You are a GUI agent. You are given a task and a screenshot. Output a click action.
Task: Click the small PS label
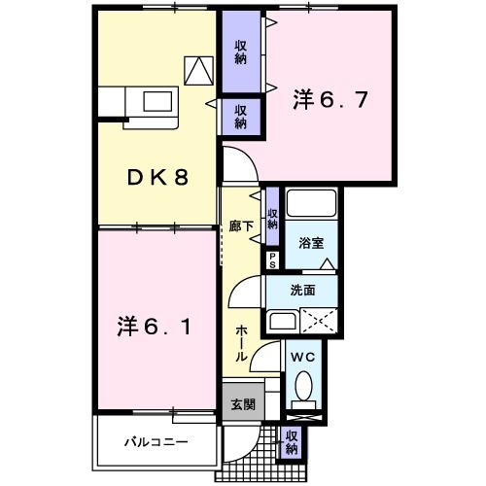[x=273, y=260]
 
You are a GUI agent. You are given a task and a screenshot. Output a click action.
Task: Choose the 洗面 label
[x=302, y=289]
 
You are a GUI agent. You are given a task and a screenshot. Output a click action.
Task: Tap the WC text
[x=303, y=357]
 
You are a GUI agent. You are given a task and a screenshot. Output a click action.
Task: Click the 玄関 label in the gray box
[x=241, y=403]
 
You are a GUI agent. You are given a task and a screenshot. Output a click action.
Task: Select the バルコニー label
[x=156, y=441]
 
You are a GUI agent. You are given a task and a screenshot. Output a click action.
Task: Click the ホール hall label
[x=240, y=341]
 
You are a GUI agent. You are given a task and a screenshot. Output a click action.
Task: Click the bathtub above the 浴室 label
[x=310, y=207]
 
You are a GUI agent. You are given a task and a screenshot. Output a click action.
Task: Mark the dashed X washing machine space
[x=318, y=322]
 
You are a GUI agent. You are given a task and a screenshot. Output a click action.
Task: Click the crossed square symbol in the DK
[x=199, y=70]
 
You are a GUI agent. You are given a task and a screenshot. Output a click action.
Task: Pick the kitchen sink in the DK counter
[x=156, y=101]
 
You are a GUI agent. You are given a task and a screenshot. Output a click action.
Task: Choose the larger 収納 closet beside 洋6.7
[x=239, y=52]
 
